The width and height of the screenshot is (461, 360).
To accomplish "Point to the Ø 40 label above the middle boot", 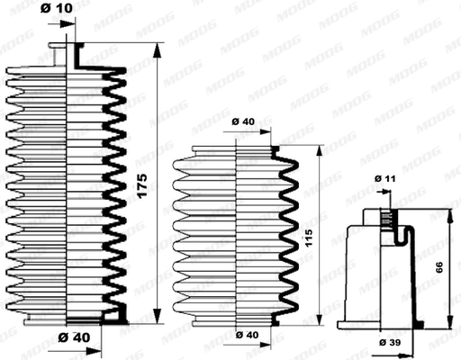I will (244, 121).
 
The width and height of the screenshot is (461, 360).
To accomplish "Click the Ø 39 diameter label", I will (391, 343).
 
